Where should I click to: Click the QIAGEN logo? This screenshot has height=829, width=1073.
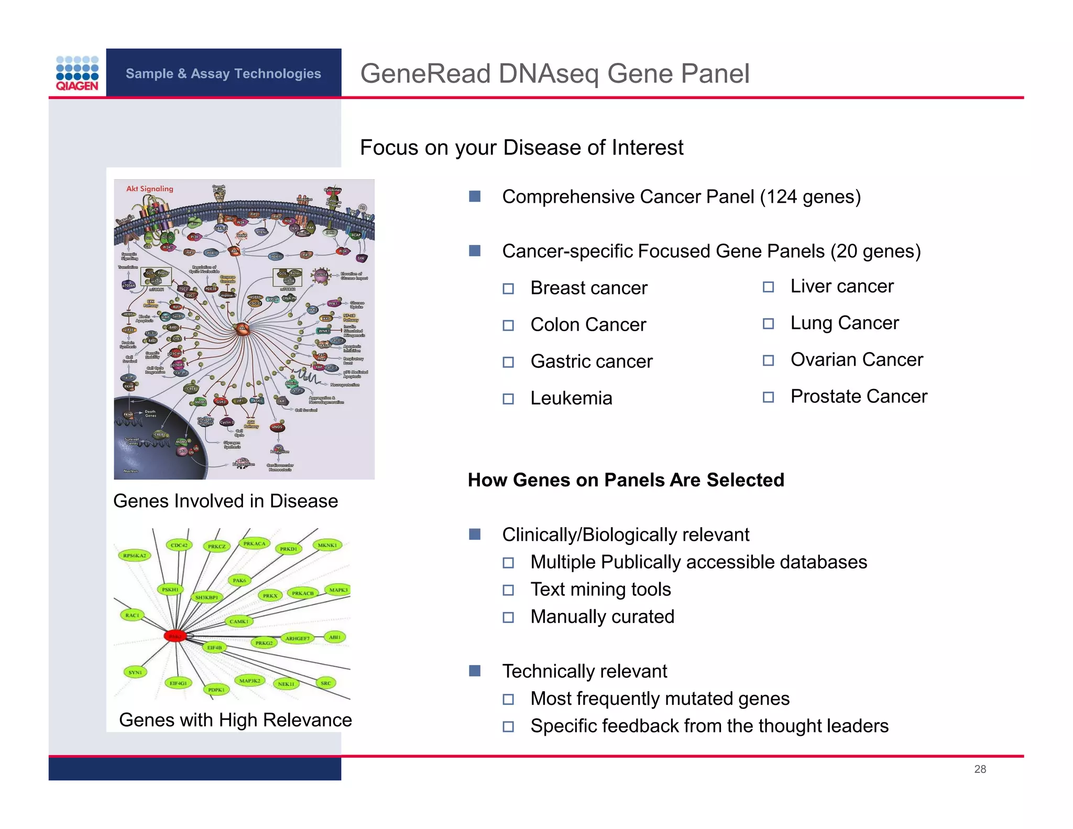coord(77,73)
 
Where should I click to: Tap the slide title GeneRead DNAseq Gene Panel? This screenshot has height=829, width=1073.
coord(554,73)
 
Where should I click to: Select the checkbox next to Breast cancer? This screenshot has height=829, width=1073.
coord(508,289)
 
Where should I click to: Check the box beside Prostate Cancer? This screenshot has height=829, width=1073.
coord(768,397)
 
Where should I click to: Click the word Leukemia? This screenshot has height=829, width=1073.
coord(571,398)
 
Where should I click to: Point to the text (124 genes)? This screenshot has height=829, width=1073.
coord(811,197)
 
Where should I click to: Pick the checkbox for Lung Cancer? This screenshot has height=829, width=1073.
coord(768,324)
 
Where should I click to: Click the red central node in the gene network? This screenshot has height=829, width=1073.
coord(175,636)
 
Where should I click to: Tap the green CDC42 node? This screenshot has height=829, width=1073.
coord(179,545)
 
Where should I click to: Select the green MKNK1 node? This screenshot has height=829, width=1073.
coord(327,545)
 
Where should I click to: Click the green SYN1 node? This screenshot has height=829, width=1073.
coord(135,672)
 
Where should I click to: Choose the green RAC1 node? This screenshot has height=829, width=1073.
coord(132,615)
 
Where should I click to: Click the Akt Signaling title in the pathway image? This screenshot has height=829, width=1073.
coord(149,189)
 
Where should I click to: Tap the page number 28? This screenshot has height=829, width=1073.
coord(980,769)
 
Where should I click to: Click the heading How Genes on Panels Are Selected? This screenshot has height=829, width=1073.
coord(626,480)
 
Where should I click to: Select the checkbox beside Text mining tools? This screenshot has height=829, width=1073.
coord(508,590)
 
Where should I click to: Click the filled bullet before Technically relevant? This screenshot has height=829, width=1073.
coord(475,671)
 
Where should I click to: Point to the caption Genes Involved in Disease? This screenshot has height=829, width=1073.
coord(225,501)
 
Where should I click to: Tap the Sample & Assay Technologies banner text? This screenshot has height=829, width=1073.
coord(223,73)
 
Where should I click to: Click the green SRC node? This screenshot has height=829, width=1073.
coord(325,683)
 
